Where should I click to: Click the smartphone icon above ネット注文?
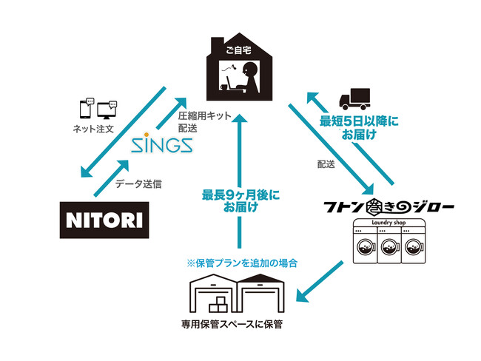tap(86, 108)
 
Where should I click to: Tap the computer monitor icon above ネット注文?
tap(107, 108)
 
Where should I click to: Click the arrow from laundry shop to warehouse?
tap(323, 281)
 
